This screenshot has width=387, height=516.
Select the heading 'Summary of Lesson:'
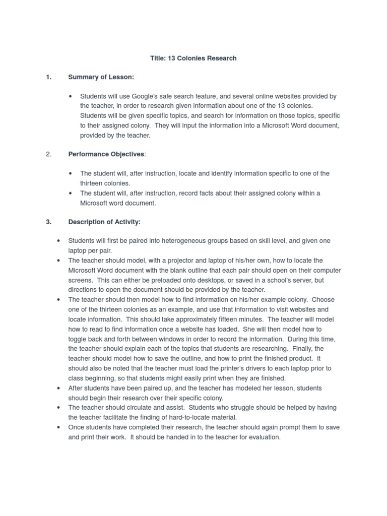click(x=101, y=77)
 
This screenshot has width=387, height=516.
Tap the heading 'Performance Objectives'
click(x=106, y=154)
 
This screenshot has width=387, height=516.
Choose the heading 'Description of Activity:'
click(x=104, y=222)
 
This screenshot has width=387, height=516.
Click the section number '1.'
click(x=48, y=77)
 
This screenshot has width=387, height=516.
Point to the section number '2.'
click(x=48, y=154)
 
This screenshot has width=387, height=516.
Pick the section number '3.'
click(x=48, y=222)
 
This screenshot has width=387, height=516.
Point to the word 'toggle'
click(x=79, y=339)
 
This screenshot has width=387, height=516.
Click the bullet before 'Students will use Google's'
click(x=71, y=96)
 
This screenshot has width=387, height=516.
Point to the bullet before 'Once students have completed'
click(x=59, y=427)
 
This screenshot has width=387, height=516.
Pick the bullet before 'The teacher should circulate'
click(x=59, y=407)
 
